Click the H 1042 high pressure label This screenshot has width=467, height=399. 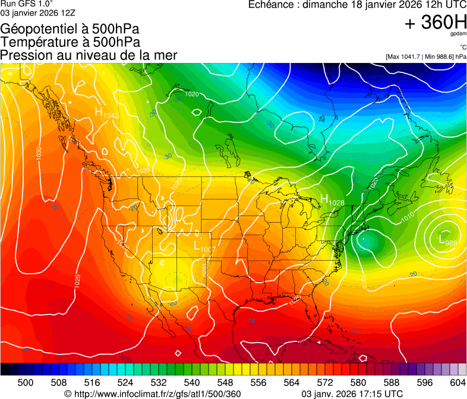coord(106,112)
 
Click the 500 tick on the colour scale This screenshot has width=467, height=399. coord(26,382)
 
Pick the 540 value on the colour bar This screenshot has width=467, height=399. coord(191,382)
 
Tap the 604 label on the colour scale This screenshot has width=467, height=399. coord(457,382)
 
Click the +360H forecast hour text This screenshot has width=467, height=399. coord(436,23)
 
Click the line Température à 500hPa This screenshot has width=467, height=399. coord(70,42)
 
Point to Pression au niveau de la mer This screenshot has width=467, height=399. coord(89,55)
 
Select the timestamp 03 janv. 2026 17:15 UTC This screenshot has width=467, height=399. coord(352,394)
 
